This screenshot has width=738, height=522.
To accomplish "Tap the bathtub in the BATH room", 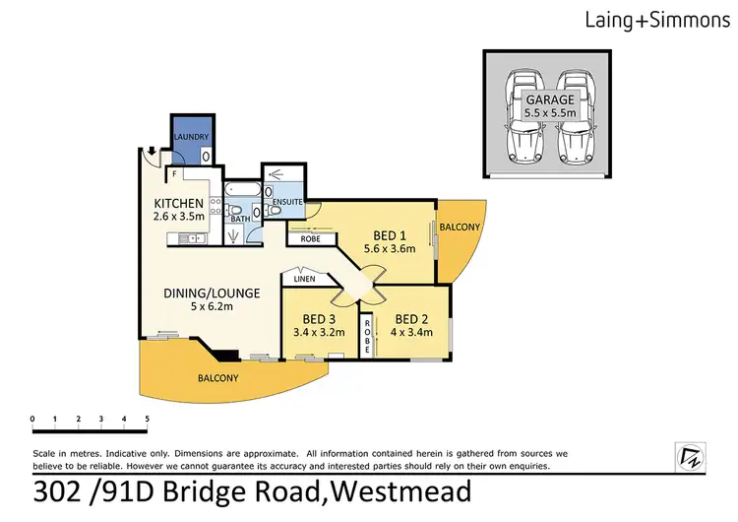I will (241, 189).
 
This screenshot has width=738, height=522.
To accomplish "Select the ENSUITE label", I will (286, 202).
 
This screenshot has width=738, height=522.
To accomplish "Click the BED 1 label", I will (389, 235).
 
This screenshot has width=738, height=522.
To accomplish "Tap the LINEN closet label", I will (303, 280).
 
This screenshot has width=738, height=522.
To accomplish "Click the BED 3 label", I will (320, 319).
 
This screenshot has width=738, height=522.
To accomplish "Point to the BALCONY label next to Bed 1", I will (460, 228).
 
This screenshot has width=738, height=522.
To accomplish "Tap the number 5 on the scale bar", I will (148, 419).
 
